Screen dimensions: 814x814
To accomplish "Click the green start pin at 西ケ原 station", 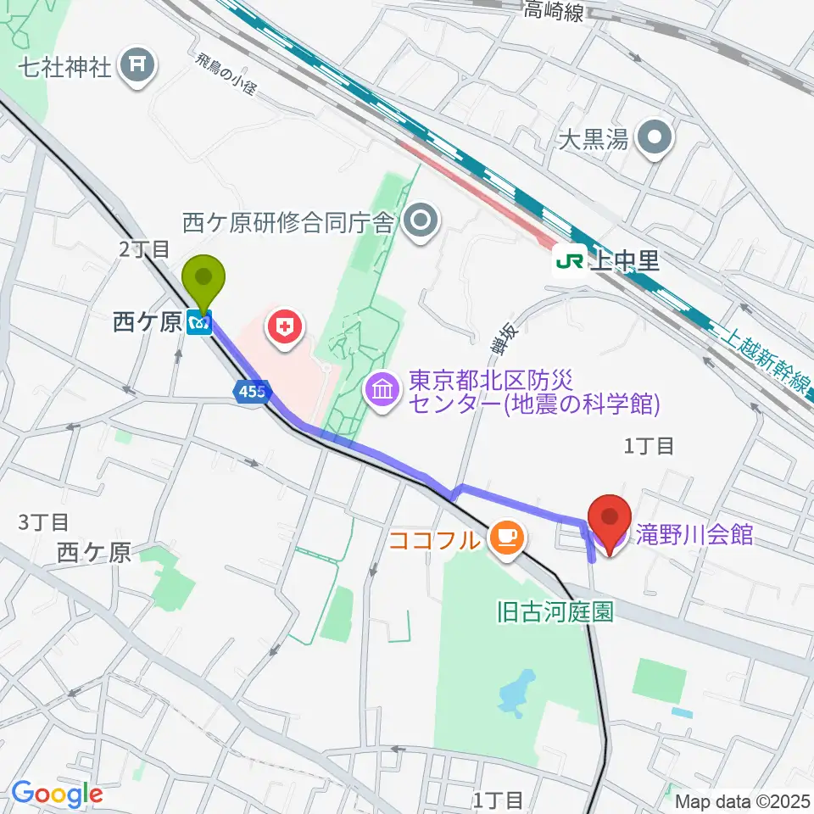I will point(204,279).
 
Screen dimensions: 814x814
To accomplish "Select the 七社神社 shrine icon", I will point(137,66).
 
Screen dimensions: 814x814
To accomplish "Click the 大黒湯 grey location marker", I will point(655,138).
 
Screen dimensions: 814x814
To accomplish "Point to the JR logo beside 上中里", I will point(567,260).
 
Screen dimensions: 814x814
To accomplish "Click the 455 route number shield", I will point(251,391).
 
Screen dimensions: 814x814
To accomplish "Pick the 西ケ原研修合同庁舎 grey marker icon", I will point(419,222).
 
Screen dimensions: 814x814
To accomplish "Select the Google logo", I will point(57,794).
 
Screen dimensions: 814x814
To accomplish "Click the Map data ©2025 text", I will point(744,799).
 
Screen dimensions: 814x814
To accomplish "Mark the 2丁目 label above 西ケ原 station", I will point(145,249).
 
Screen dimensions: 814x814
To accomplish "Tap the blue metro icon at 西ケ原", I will point(200,322).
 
